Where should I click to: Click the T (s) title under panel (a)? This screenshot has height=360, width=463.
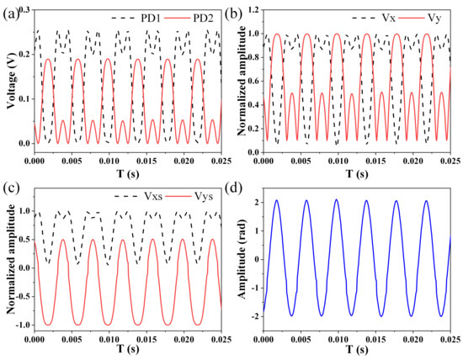124,174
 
